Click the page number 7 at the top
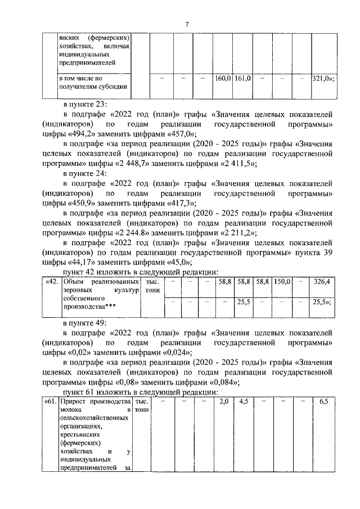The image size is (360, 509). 187,23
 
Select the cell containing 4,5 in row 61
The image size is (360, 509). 244,403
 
